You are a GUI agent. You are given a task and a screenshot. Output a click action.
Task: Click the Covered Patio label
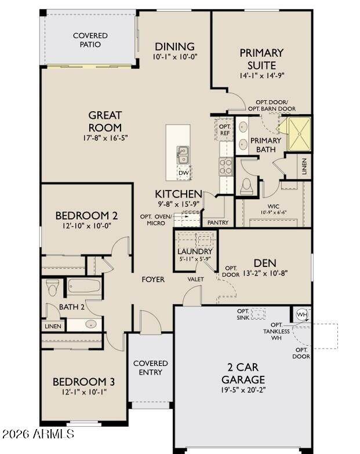[x=90, y=40]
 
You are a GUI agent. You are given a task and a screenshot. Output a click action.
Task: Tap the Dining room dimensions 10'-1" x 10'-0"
[x=175, y=57]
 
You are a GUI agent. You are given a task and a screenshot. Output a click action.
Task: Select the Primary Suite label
[x=261, y=59]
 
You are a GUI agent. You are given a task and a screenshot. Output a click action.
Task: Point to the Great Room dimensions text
[x=106, y=138]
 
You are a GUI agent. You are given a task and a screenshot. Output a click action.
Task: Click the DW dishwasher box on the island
[x=184, y=173]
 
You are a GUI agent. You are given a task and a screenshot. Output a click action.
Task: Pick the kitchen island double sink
[x=183, y=155]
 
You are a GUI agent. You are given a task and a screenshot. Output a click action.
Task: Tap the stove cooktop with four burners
[x=226, y=167]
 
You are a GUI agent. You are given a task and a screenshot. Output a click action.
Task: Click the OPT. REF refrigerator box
[x=225, y=130]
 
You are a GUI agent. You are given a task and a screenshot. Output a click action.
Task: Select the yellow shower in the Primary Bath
[x=299, y=134]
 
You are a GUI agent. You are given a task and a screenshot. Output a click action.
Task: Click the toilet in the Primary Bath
[x=246, y=186]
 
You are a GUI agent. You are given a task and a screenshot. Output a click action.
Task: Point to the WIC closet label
[x=274, y=206]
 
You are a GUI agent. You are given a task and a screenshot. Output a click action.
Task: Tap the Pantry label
[x=218, y=222]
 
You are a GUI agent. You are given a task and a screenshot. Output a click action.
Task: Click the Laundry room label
[x=195, y=251]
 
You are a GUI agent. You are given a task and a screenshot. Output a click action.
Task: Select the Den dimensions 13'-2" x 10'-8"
[x=266, y=273]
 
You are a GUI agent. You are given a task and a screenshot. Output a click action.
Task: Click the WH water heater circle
[x=302, y=314]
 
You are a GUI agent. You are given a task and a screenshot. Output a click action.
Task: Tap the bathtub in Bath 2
[x=85, y=286]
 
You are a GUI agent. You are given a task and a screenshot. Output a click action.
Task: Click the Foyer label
[x=153, y=279]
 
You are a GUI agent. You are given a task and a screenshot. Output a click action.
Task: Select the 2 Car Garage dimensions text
[x=242, y=390]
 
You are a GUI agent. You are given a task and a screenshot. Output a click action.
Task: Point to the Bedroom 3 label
[x=83, y=382]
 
